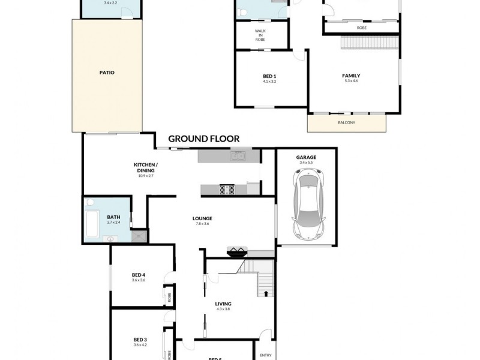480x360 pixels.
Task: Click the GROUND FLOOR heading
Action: pyautogui.click(x=203, y=139)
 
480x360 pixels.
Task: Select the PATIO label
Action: pyautogui.click(x=107, y=73)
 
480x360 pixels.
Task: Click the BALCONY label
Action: pyautogui.click(x=346, y=123)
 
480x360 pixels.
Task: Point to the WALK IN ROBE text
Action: pyautogui.click(x=260, y=34)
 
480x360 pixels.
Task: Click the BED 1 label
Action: pyautogui.click(x=269, y=76)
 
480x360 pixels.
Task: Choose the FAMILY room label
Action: pyautogui.click(x=351, y=76)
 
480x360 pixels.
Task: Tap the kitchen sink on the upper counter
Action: pyautogui.click(x=237, y=157)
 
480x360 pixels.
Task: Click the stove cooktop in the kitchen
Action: pyautogui.click(x=227, y=189)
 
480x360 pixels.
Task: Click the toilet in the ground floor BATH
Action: pyautogui.click(x=89, y=203)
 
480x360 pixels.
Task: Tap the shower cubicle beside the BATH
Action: pyautogui.click(x=139, y=236)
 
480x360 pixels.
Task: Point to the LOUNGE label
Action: pyautogui.click(x=203, y=218)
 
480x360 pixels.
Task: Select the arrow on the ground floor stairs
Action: pyautogui.click(x=264, y=293)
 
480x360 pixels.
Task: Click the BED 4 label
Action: pyautogui.click(x=139, y=275)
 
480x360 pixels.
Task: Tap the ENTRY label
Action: pyautogui.click(x=265, y=355)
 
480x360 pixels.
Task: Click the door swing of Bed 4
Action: pyautogui.click(x=172, y=278)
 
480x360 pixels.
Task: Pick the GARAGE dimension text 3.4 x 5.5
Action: pyautogui.click(x=305, y=163)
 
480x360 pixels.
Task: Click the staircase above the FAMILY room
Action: pyautogui.click(x=368, y=44)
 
